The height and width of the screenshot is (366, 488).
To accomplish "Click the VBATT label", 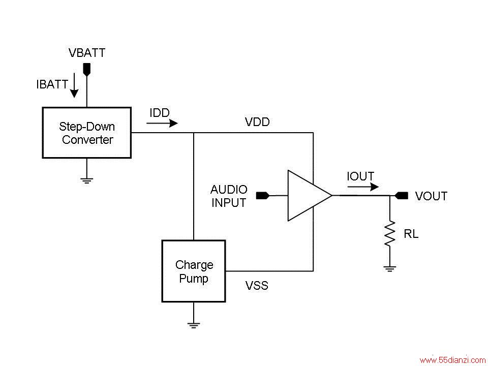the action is [87, 53].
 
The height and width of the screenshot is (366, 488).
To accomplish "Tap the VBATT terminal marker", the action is [87, 70].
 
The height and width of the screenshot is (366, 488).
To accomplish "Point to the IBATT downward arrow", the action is [74, 85].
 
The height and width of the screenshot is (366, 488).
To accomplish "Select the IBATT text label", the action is [52, 84].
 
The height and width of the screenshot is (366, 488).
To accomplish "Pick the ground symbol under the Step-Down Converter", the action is [87, 180].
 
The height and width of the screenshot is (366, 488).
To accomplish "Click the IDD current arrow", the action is [162, 123].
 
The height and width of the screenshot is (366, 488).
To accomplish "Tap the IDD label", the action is [160, 113].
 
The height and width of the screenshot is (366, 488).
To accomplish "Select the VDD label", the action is [257, 122].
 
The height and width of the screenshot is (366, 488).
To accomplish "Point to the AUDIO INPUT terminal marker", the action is [263, 195].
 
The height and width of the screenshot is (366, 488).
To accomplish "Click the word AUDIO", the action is [229, 190].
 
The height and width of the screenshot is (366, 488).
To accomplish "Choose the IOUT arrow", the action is [363, 187].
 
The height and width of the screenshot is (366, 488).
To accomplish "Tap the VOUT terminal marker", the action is [402, 195].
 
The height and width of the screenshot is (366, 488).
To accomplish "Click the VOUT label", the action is [432, 196].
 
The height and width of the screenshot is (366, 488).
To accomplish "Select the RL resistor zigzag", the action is [390, 233].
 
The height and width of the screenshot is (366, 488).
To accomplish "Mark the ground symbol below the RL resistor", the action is [390, 268].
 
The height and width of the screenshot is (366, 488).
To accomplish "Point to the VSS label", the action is [257, 285].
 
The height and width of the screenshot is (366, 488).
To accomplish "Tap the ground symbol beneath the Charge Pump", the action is [194, 325].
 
